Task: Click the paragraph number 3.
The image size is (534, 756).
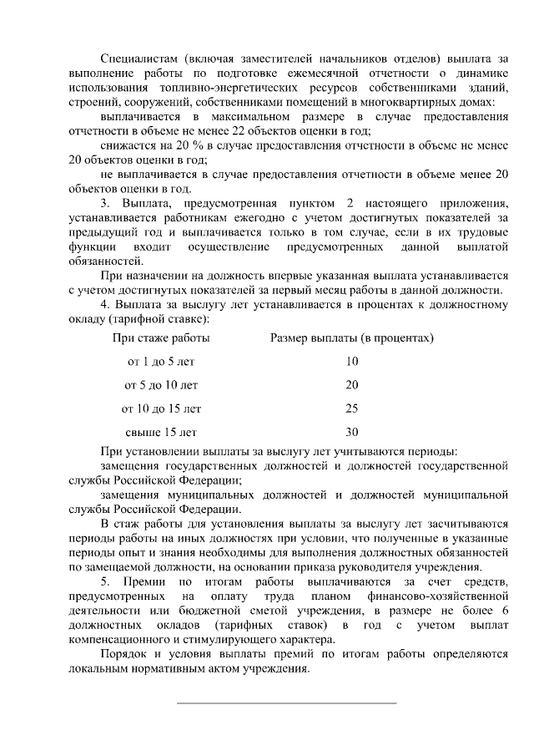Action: [x=103, y=204]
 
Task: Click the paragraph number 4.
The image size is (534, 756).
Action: [x=103, y=305]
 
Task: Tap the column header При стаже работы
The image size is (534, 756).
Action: [x=161, y=338]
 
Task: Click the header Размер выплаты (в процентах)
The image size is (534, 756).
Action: [x=351, y=338]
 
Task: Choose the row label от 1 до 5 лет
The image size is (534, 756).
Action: [x=161, y=362]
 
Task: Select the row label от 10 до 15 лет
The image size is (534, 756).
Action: [x=161, y=408]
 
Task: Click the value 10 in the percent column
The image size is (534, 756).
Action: [x=351, y=362]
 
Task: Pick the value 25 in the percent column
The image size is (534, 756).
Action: [x=351, y=408]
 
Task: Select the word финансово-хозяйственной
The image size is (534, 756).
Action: [x=437, y=596]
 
